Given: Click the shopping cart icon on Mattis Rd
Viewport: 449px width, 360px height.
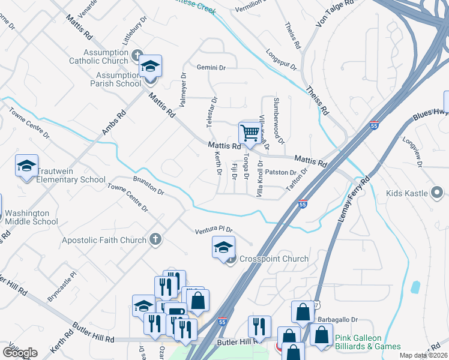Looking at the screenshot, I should [250, 133].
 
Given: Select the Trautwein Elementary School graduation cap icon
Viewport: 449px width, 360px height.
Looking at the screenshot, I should [26, 166].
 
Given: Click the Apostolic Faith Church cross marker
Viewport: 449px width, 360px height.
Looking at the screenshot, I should [155, 240].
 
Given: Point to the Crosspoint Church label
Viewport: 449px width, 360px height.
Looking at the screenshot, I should [274, 259].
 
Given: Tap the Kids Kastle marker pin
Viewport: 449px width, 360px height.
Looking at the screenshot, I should [438, 193].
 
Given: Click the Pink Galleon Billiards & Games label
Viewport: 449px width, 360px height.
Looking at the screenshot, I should [367, 342].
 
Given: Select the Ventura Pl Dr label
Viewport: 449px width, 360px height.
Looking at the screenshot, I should [213, 230].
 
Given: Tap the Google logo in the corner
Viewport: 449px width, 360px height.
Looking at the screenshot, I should [20, 353].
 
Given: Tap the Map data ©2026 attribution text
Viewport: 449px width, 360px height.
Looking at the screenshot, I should [423, 355].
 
